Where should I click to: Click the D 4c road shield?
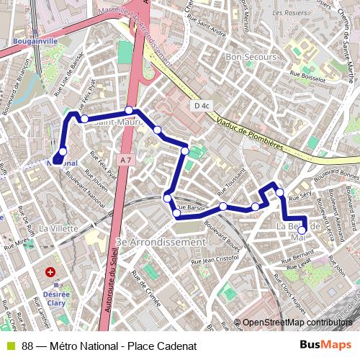tap(201, 106)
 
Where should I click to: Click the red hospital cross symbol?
tap(50, 273)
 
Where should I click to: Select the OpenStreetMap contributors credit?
tap(297, 323)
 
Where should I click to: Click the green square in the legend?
tap(10, 346)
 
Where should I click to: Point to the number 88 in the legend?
tap(27, 346)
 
